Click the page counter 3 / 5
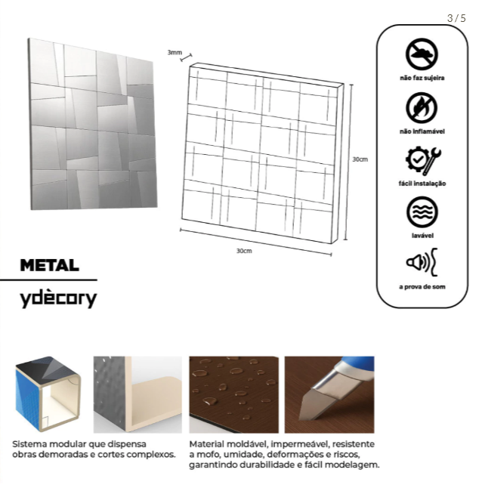pyautogui.click(x=456, y=18)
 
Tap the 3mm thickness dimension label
pyautogui.click(x=175, y=52)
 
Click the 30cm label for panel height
pyautogui.click(x=360, y=159)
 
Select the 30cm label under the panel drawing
pyautogui.click(x=244, y=251)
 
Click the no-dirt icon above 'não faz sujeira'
pyautogui.click(x=422, y=54)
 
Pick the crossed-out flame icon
pyautogui.click(x=422, y=108)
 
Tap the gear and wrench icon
pyautogui.click(x=423, y=160)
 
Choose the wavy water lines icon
pyautogui.click(x=422, y=212)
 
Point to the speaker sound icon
pyautogui.click(x=422, y=262)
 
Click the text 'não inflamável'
pyautogui.click(x=422, y=131)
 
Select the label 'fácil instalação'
pyautogui.click(x=422, y=184)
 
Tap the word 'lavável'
pyautogui.click(x=422, y=236)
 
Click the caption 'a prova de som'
pyautogui.click(x=422, y=287)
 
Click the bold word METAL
pyautogui.click(x=50, y=265)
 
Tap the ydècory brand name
pyautogui.click(x=58, y=298)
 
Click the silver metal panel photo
pyautogui.click(x=92, y=124)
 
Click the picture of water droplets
pyautogui.click(x=234, y=394)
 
